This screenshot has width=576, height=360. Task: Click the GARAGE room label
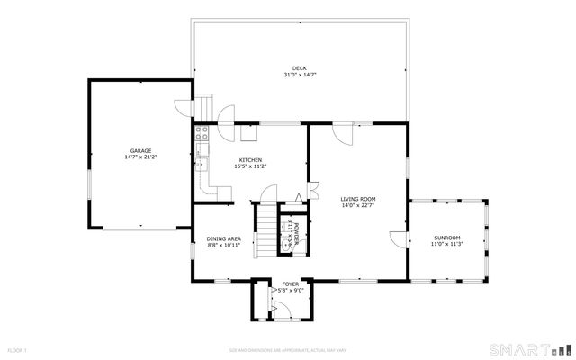139,150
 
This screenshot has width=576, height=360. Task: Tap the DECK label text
299,68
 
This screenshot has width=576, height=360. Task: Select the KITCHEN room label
250,159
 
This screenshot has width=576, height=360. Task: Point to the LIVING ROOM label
357,199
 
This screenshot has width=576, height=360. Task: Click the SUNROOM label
446,237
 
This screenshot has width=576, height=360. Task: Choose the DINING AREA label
223,238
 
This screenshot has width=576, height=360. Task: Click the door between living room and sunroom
398,240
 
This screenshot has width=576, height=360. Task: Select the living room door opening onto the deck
343,133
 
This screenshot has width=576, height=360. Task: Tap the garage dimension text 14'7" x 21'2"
140,157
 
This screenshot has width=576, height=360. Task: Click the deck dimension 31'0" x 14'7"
299,76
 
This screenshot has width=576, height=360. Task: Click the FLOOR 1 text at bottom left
18,349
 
